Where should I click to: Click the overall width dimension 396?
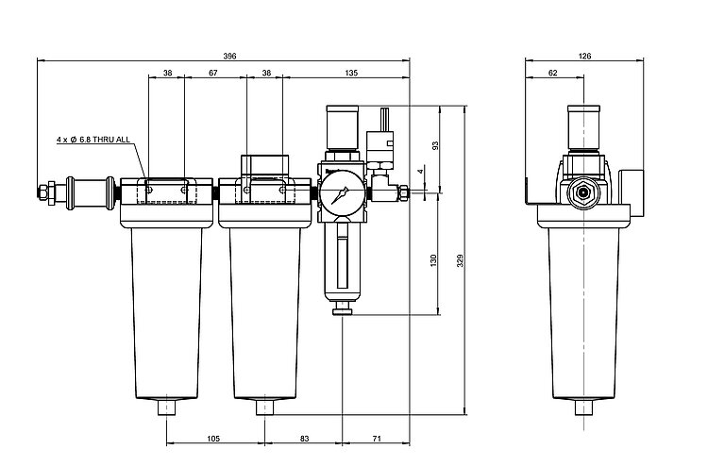[x=229, y=57]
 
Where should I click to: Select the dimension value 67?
[x=213, y=73]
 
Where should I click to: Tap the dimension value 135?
[x=351, y=73]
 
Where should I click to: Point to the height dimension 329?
[x=460, y=260]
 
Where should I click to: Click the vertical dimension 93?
[x=435, y=145]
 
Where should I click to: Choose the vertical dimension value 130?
[x=433, y=260]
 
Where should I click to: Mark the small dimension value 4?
[x=420, y=172]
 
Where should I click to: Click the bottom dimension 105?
[x=213, y=439]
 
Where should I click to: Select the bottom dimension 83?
[x=305, y=439]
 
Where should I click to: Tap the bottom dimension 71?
[x=377, y=439]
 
